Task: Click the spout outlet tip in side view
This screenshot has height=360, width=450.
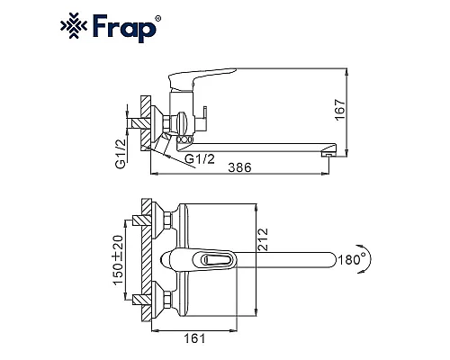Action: coord(328,154)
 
